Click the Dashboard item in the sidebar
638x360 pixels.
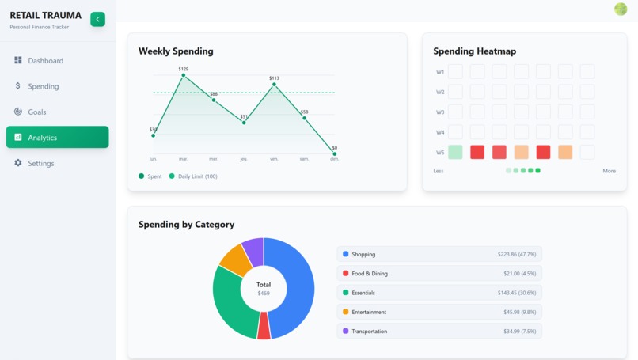[x=45, y=61]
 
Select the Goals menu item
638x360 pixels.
[x=36, y=112]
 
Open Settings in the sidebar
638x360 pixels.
[x=40, y=164]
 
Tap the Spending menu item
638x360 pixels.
[x=43, y=86]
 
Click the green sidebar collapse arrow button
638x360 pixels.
[x=97, y=19]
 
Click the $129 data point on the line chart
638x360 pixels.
[x=184, y=75]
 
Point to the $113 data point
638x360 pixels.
[x=274, y=84]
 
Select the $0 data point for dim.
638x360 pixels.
[x=334, y=153]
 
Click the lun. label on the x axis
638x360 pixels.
[x=154, y=159]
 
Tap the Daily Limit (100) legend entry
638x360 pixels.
[x=197, y=176]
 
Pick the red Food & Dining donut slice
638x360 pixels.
[x=264, y=326]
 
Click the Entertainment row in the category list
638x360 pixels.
[x=439, y=312]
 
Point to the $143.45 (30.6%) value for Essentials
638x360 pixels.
[x=517, y=293]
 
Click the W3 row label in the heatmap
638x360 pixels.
[x=440, y=112]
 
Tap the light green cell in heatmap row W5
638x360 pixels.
[x=455, y=152]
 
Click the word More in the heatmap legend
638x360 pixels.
[x=609, y=171]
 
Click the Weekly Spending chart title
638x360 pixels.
[x=176, y=51]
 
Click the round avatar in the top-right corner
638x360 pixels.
[x=621, y=9]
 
